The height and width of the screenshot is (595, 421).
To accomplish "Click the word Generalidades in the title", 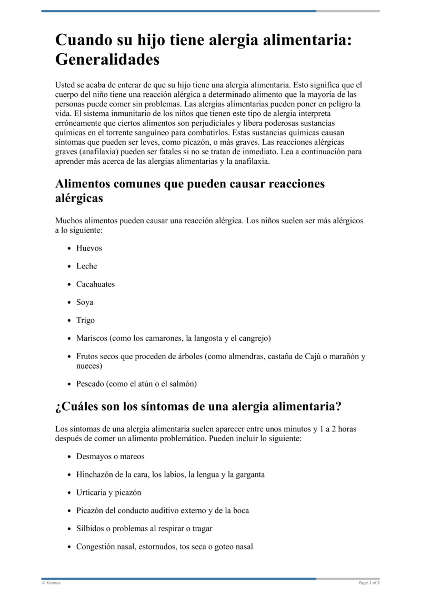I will pos(107,60).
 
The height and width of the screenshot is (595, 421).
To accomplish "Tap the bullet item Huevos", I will pos(89,248).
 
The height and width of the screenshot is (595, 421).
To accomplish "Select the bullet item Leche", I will pos(87,266).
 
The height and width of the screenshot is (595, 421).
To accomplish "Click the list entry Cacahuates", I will pos(95,284).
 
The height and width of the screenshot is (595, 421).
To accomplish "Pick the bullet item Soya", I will pos(85,302).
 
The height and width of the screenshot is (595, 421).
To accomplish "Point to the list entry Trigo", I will pos(86,320).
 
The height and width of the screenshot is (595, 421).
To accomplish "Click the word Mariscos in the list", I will pos(92,338).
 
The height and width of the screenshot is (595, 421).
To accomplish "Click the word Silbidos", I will pos(91,528).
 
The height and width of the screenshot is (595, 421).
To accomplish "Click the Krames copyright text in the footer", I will pos(51,583).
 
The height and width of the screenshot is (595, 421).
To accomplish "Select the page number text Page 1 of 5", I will pos(369,583).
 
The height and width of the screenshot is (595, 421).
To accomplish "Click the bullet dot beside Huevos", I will pos(69,249).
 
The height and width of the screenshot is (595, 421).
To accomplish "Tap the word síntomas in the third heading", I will pos(157,406).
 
